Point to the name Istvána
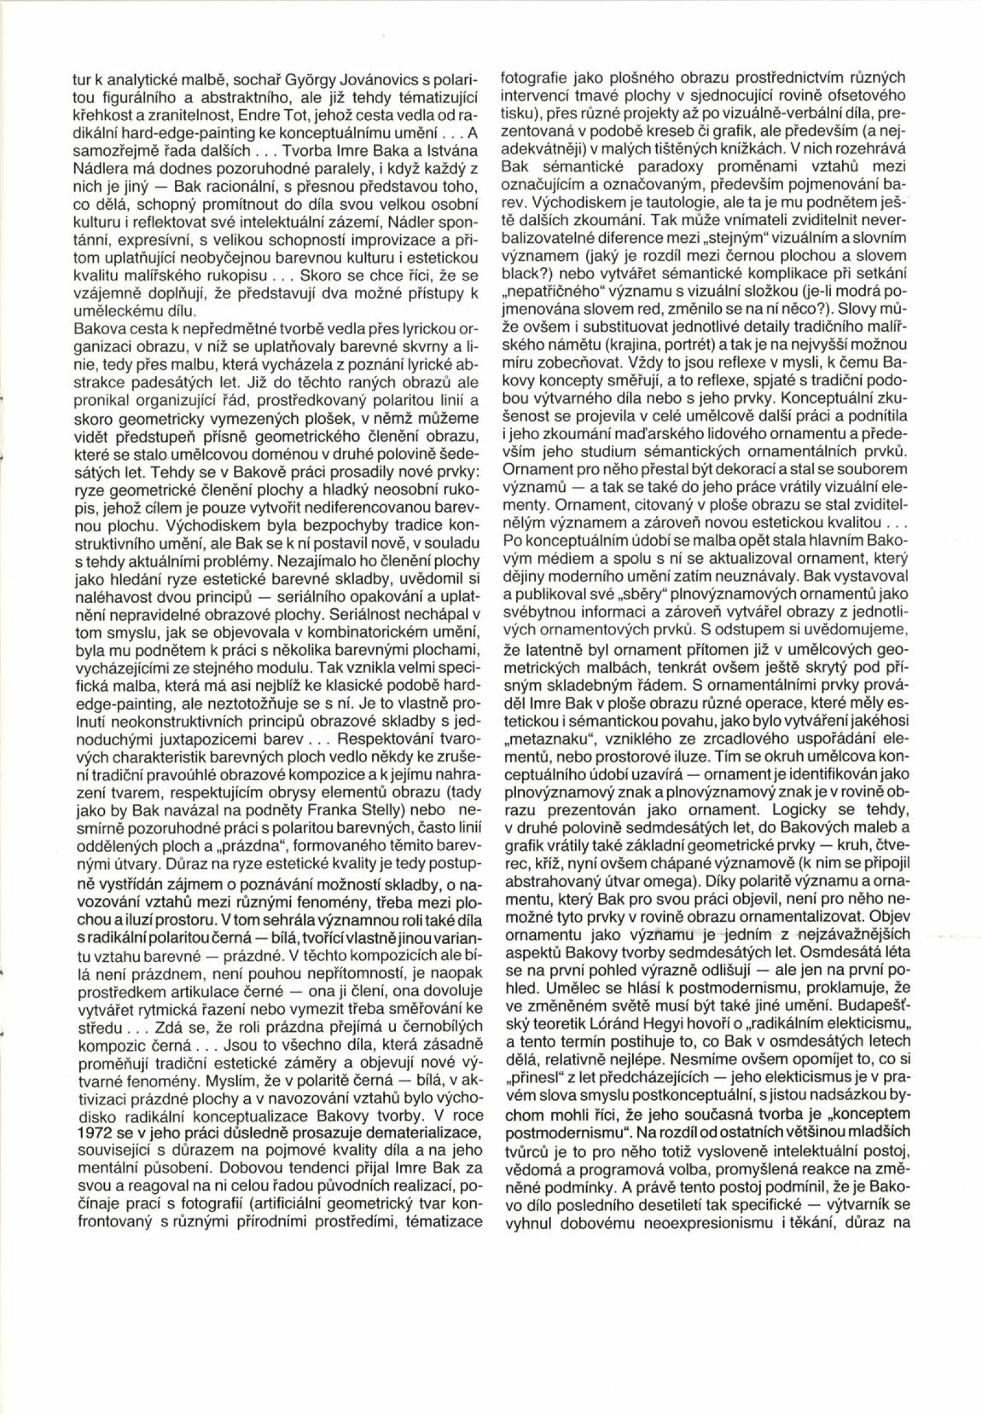[451, 152]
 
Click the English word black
[519, 271]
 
